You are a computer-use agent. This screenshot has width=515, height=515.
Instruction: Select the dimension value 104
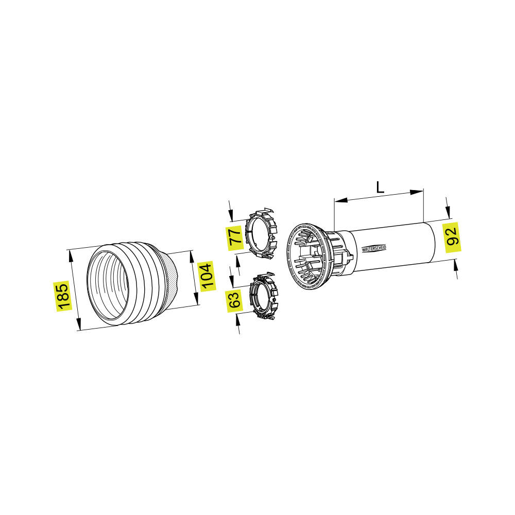[x=207, y=276]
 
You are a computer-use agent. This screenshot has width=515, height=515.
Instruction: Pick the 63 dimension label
[x=234, y=300]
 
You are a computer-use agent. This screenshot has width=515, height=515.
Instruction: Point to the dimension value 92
[x=452, y=237]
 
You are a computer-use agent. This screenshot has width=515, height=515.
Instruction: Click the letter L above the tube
[x=380, y=187]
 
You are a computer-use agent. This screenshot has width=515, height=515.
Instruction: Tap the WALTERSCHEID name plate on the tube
[x=374, y=248]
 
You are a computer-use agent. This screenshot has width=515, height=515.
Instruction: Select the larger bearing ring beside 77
[x=262, y=233]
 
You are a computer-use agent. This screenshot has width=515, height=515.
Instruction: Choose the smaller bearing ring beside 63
[x=264, y=295]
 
